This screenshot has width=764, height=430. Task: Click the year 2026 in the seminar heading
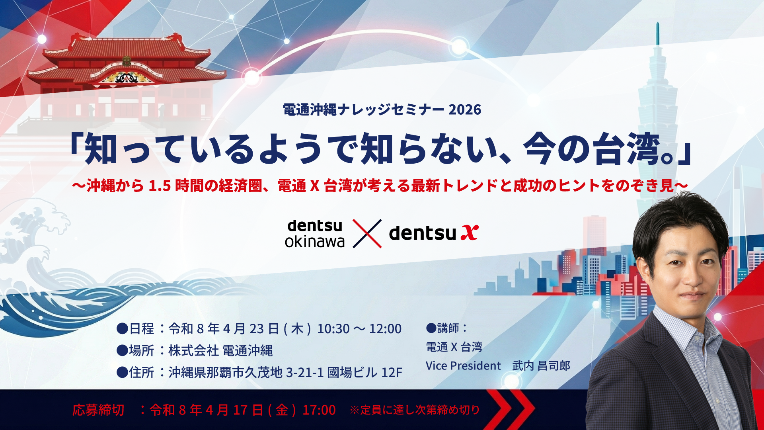(x=465, y=109)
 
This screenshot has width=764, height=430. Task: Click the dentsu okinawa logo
(x=315, y=234)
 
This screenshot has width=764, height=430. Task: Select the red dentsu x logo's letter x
(x=470, y=233)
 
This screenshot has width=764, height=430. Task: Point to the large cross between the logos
(x=367, y=234)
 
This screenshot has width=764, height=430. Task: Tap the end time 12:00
(x=385, y=329)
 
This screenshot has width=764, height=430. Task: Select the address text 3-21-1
(x=304, y=373)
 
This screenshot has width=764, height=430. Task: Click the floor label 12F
(x=392, y=373)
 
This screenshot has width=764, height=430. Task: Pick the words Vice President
(x=463, y=365)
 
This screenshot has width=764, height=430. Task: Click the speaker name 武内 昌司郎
(x=541, y=365)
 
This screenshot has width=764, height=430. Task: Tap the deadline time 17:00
(x=319, y=410)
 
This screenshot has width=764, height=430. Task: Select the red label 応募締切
(x=98, y=410)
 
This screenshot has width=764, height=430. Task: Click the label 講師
(x=448, y=328)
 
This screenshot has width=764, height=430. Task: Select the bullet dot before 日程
(x=122, y=329)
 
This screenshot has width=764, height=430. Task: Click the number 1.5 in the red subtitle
(x=160, y=186)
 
